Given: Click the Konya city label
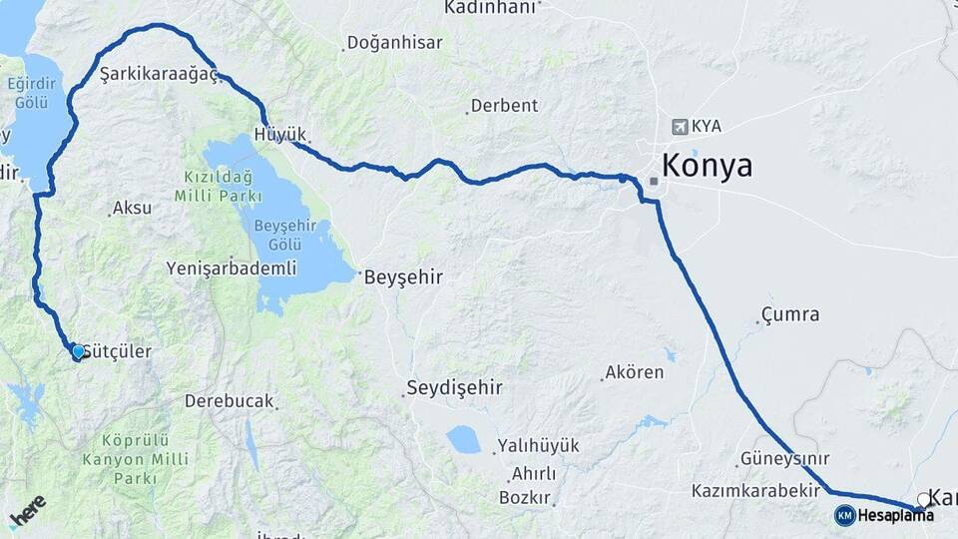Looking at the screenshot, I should (707, 166).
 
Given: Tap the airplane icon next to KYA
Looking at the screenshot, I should (681, 127).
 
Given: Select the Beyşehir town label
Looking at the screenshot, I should (403, 275).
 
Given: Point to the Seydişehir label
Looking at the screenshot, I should (454, 387).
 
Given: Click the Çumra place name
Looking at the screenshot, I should (790, 314).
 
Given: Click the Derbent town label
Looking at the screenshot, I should (504, 105).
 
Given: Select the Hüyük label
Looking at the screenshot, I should (280, 134).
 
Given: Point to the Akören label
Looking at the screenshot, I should (633, 373).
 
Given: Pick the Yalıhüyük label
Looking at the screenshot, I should (538, 446).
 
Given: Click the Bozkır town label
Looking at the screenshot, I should (525, 496).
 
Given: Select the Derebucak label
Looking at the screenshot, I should (229, 400).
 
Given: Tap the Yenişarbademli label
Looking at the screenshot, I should (232, 268).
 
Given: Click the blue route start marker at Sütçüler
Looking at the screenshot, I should (78, 350).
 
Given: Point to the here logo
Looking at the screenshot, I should (28, 512).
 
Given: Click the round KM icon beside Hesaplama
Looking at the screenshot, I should (844, 515).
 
